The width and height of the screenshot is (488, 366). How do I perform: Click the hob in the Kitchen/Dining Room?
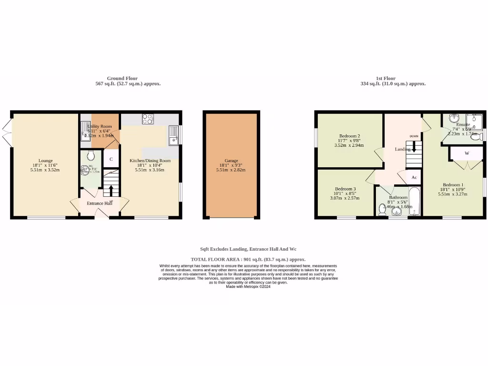coord(148,119)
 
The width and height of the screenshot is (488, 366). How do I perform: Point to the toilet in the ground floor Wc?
coord(91,155)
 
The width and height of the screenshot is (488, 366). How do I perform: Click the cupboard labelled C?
coord(111,159)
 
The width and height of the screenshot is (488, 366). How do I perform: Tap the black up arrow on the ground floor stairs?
coord(112,190)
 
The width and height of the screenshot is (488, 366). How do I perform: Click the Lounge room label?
coord(46,161)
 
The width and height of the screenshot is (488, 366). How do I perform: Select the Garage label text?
coord(231,161)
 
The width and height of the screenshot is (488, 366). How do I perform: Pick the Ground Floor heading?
coord(122,78)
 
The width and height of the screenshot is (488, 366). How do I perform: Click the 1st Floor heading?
coord(386,78)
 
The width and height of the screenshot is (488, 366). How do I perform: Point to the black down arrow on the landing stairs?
coord(414,146)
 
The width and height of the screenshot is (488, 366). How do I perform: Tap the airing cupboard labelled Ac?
coord(414,177)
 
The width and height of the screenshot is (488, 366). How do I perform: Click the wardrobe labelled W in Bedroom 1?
coord(467,153)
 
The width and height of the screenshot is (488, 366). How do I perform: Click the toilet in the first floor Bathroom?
coord(382,209)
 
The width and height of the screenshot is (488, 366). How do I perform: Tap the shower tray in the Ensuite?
coord(475,122)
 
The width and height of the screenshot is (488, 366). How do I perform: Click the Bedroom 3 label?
coord(345,189)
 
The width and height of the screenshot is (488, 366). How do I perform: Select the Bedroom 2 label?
coord(349,136)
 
